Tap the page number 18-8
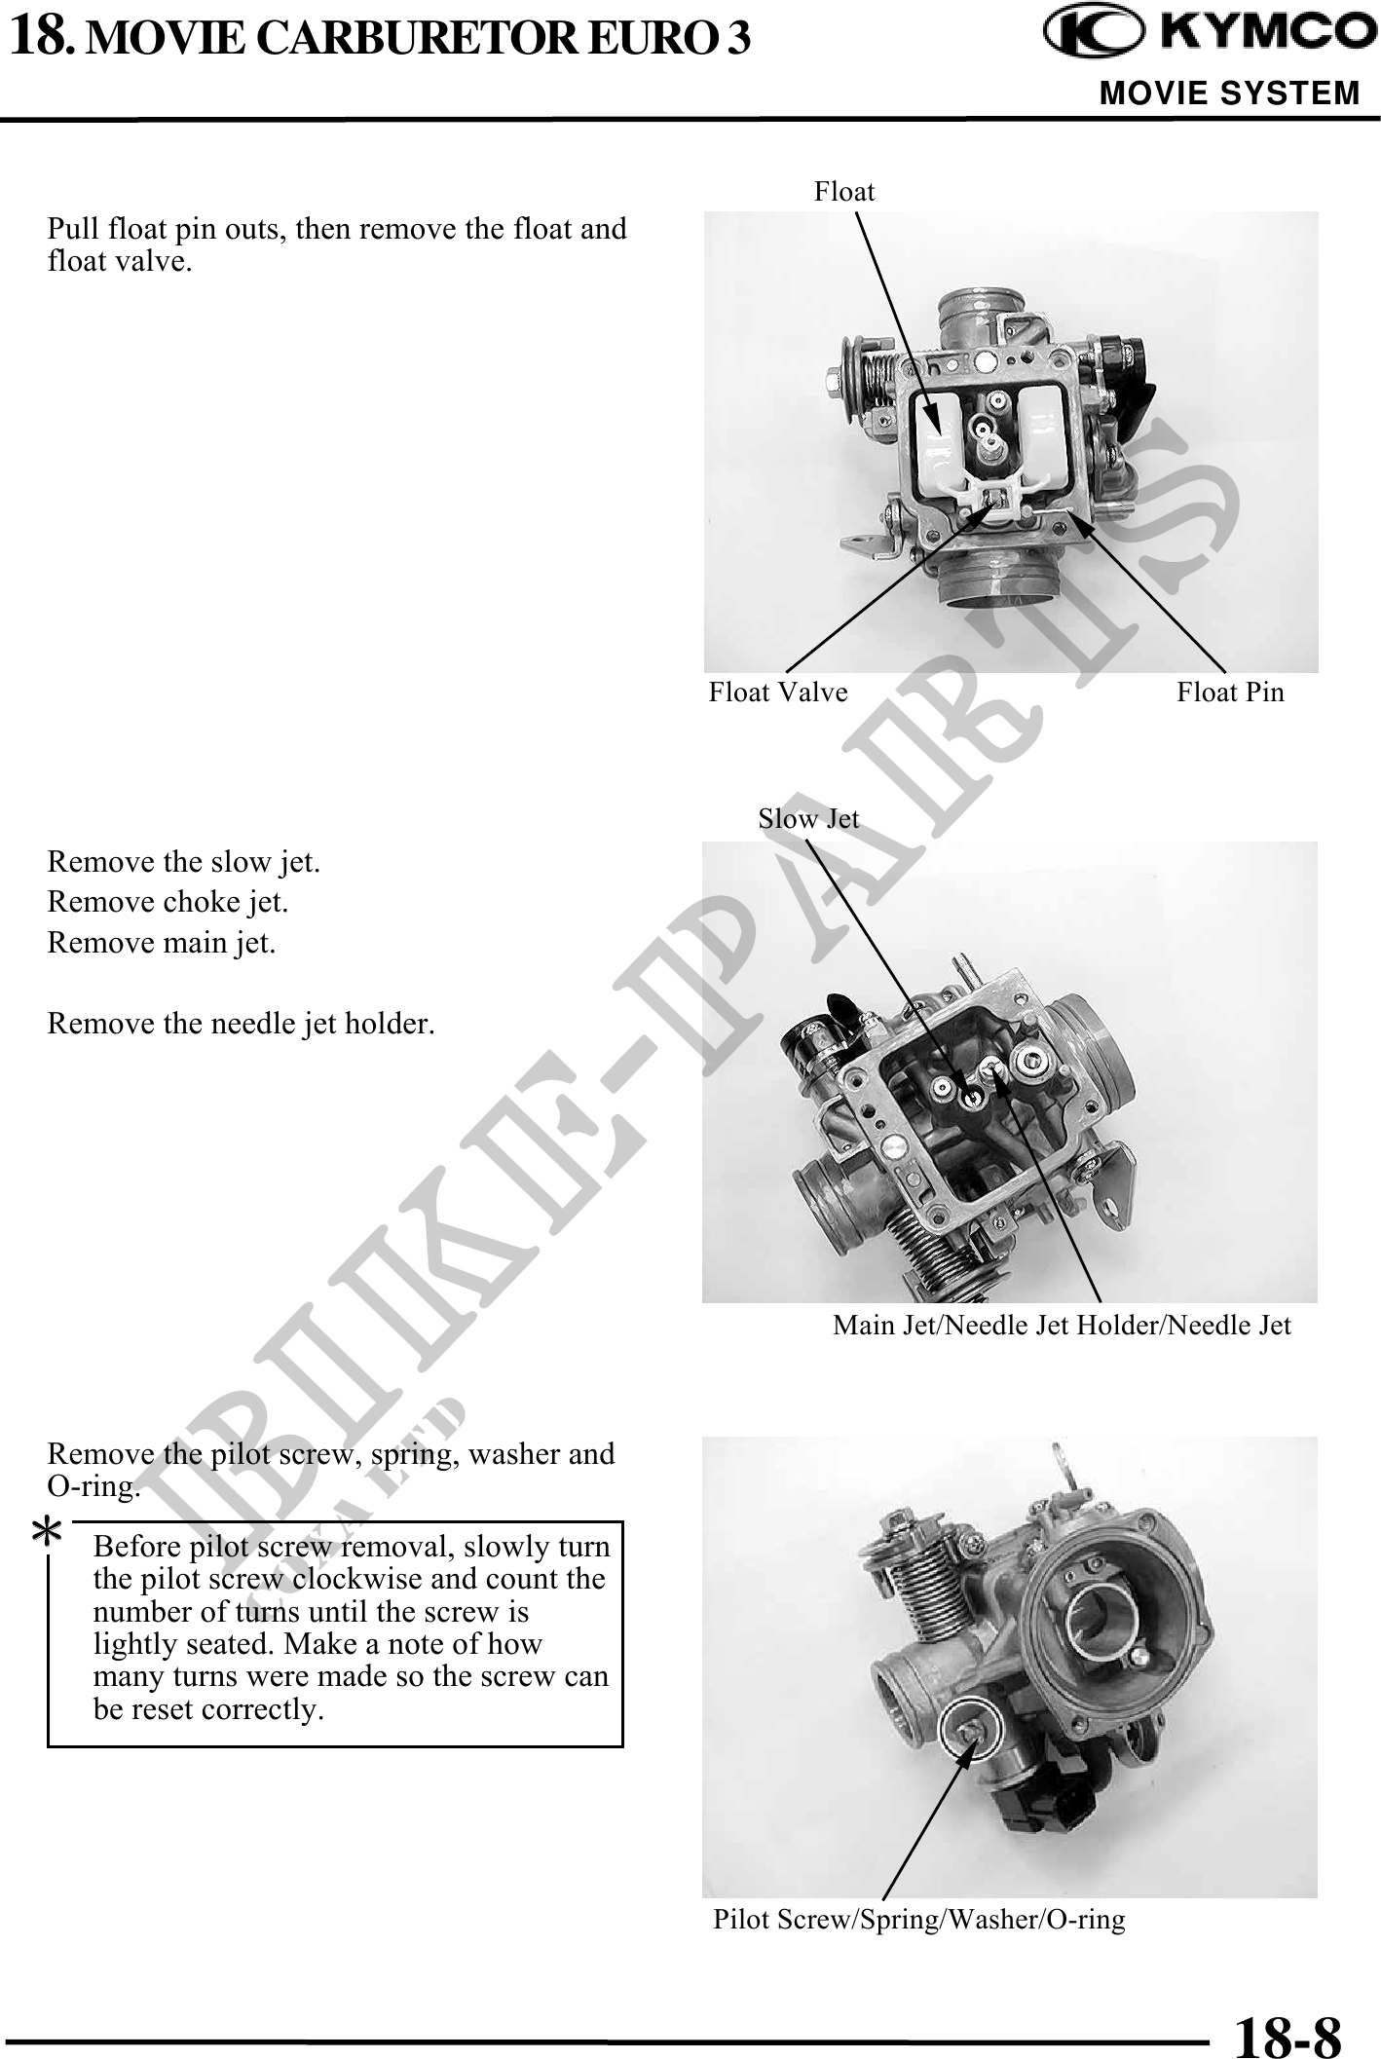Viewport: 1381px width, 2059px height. coord(1288,2035)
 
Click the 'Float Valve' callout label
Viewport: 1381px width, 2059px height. coord(778,693)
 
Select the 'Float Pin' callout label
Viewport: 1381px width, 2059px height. coord(1230,693)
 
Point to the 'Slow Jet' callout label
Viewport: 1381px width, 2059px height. coord(808,819)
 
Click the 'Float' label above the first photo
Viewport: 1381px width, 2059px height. coord(844,192)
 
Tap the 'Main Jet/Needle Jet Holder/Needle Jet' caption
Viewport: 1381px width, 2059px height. coord(1062,1326)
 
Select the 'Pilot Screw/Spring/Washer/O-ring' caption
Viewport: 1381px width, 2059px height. coord(919,1920)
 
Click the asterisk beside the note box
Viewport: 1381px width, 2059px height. coord(46,1533)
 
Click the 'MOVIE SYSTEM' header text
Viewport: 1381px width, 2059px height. coord(1229,94)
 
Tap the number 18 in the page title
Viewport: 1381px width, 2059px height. coord(40,36)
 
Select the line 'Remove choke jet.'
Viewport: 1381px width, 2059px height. coord(168,903)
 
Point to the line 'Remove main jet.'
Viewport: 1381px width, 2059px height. coord(162,944)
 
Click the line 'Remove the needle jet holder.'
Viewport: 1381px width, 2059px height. coord(241,1025)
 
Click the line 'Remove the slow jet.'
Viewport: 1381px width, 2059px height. coord(183,863)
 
